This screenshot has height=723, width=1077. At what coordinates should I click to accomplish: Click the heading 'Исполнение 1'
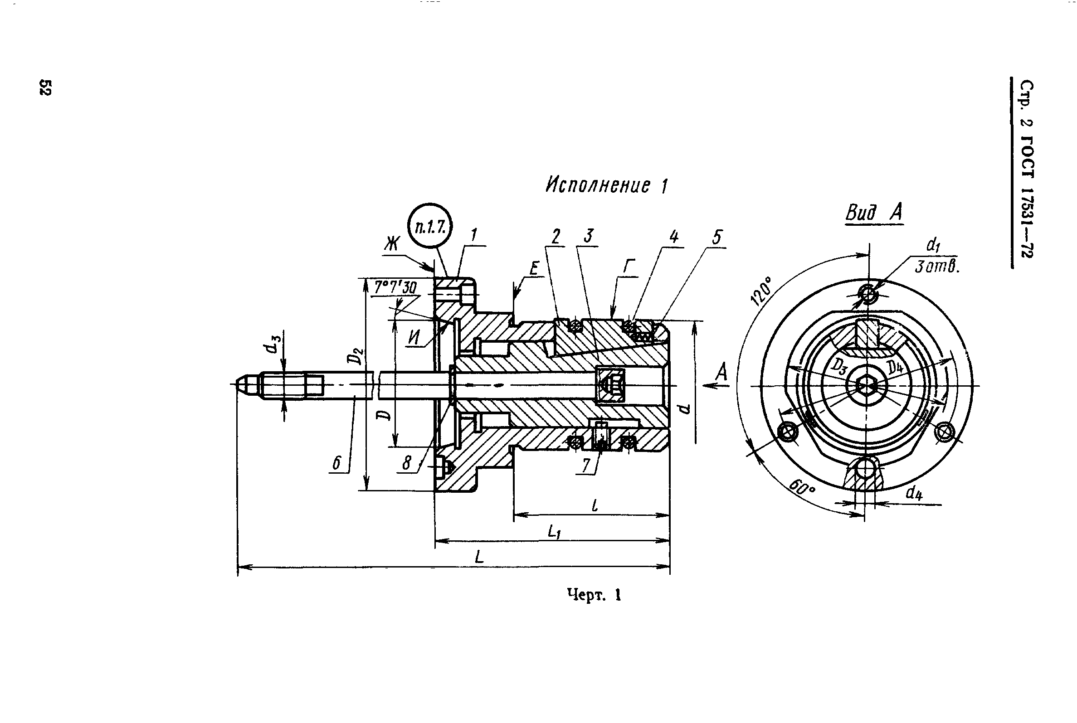(607, 185)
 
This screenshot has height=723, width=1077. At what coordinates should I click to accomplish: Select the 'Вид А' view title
(874, 213)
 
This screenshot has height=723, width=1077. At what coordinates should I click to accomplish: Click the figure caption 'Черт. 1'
(594, 595)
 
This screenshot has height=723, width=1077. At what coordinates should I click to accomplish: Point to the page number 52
(45, 87)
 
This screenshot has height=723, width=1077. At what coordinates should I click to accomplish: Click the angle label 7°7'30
(395, 288)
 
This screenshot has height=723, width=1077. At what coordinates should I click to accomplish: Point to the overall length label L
(479, 557)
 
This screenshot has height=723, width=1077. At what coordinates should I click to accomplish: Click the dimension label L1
(555, 533)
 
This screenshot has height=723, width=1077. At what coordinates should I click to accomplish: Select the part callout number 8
(406, 463)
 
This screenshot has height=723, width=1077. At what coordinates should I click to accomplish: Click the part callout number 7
(586, 465)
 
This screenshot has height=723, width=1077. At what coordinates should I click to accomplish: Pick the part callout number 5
(716, 238)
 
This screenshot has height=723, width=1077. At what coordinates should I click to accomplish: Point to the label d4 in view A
(914, 493)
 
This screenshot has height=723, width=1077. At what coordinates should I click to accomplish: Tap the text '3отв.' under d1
(937, 267)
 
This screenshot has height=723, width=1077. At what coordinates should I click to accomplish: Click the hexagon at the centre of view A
(866, 384)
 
